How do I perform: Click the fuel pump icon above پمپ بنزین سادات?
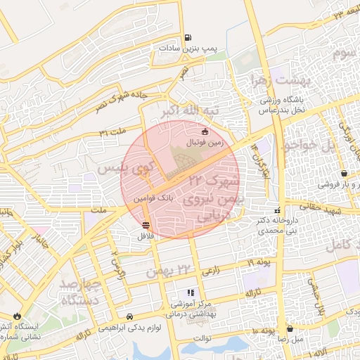[x=188, y=38]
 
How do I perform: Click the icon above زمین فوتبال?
[x=205, y=131]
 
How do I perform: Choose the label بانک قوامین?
[x=155, y=199]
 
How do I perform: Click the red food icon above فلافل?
[x=146, y=225]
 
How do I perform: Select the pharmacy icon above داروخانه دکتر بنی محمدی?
[x=278, y=210]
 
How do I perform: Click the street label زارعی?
[x=211, y=271]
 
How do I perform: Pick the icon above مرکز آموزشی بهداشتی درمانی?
[x=190, y=292]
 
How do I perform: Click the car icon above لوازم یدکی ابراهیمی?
[x=129, y=316]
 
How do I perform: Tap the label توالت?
[x=202, y=338]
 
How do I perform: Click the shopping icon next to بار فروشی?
[x=343, y=173]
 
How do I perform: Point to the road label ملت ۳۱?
[x=112, y=131]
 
